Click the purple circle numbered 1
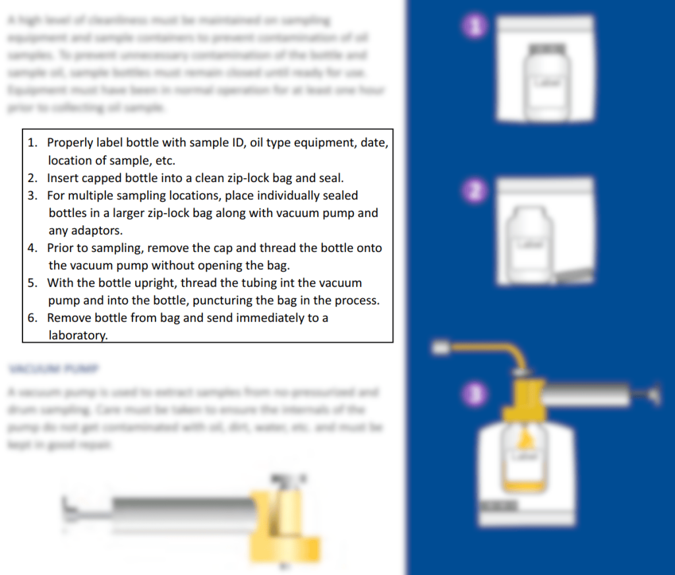click(474, 28)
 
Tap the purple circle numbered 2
click(474, 192)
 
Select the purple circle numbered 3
click(474, 394)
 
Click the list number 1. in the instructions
click(32, 142)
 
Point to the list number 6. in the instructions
click(32, 318)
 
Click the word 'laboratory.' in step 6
click(78, 335)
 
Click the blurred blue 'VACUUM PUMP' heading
click(53, 367)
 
